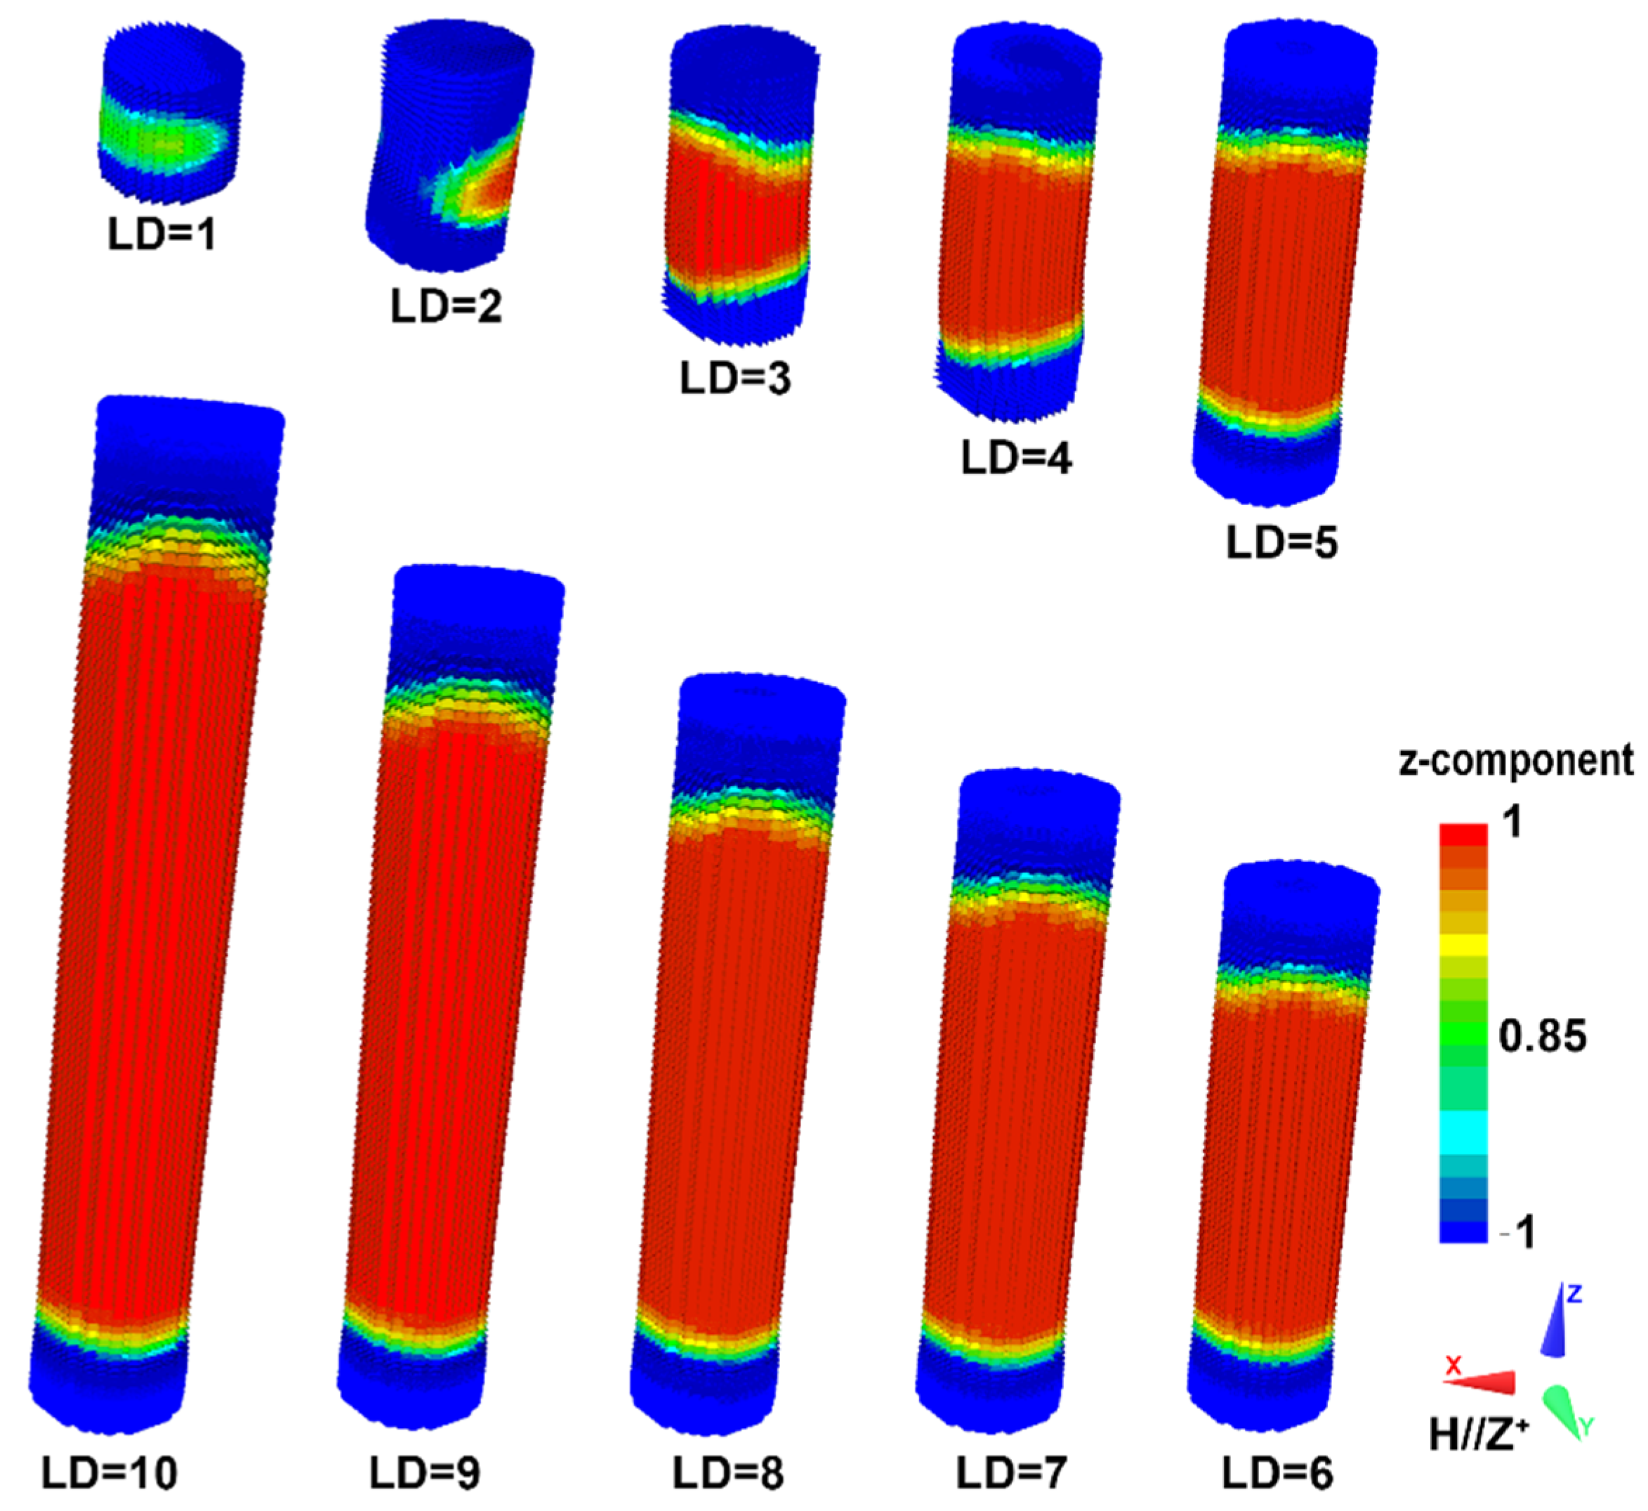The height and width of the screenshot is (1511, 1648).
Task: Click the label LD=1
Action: tap(162, 235)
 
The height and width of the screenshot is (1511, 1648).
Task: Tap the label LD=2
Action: tap(447, 306)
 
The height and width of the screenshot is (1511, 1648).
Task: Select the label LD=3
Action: tap(736, 379)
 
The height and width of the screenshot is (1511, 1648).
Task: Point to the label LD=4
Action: tap(1016, 458)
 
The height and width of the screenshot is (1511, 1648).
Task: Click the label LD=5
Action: tap(1281, 542)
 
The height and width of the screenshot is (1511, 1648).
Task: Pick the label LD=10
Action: tap(110, 1473)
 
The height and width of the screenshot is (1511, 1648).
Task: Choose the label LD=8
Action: tap(727, 1473)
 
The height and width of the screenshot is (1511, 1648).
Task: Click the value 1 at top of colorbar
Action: tap(1513, 822)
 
